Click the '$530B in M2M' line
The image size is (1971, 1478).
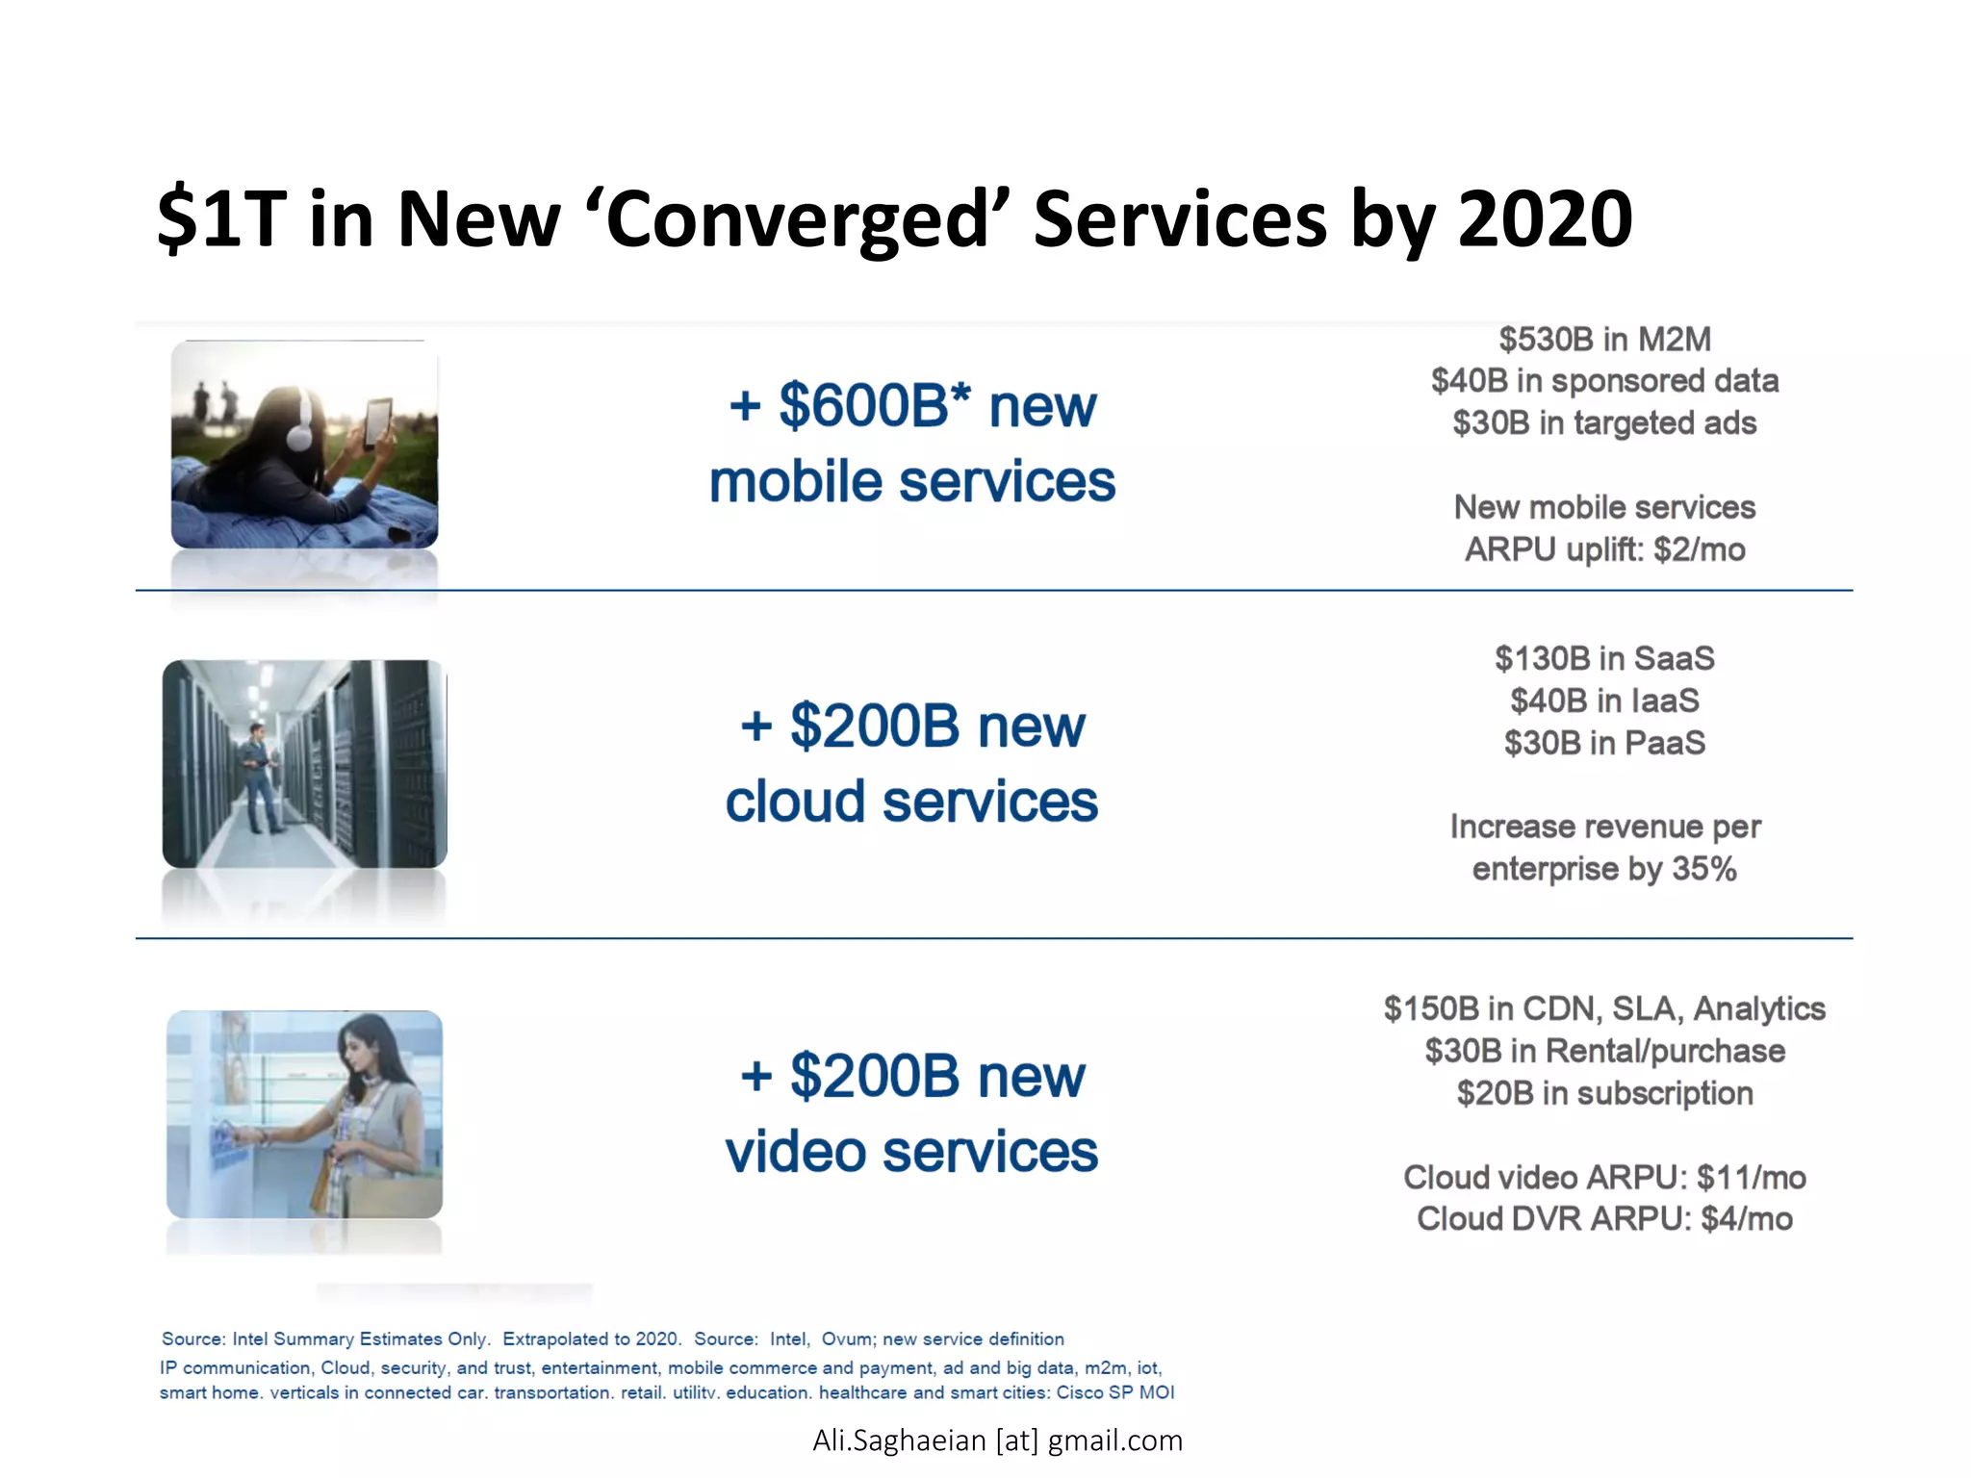[x=1604, y=339]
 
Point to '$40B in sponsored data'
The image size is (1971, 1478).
[x=1604, y=381]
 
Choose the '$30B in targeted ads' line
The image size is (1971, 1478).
[x=1604, y=423]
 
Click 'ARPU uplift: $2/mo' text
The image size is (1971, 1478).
[x=1604, y=549]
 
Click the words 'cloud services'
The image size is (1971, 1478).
[x=910, y=802]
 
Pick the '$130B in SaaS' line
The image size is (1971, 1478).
[x=1604, y=658]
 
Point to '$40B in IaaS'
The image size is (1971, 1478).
[x=1604, y=701]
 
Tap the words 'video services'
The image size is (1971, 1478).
[x=910, y=1152]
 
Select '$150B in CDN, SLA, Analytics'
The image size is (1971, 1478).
[x=1604, y=1008]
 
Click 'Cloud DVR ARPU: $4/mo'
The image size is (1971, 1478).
[x=1604, y=1219]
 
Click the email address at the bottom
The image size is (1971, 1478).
[x=997, y=1440]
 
